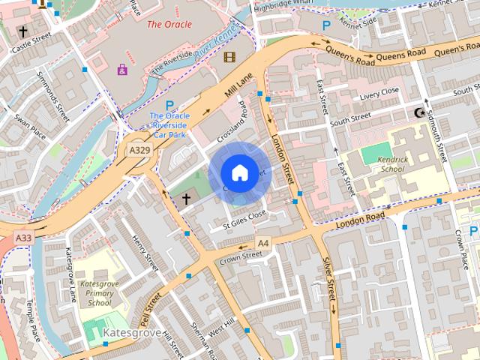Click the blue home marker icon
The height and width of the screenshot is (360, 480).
pyautogui.click(x=239, y=172)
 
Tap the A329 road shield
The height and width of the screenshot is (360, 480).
pyautogui.click(x=137, y=151)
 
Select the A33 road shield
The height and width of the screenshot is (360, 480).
pyautogui.click(x=22, y=238)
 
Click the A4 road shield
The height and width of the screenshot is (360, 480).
pyautogui.click(x=262, y=243)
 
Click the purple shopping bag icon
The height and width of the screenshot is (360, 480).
pyautogui.click(x=121, y=70)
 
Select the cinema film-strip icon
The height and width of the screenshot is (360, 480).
pyautogui.click(x=229, y=57)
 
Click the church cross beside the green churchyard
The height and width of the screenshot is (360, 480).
pyautogui.click(x=186, y=199)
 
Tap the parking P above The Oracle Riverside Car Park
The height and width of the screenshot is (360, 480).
pyautogui.click(x=169, y=105)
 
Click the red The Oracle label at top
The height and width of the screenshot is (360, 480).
pyautogui.click(x=169, y=24)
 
